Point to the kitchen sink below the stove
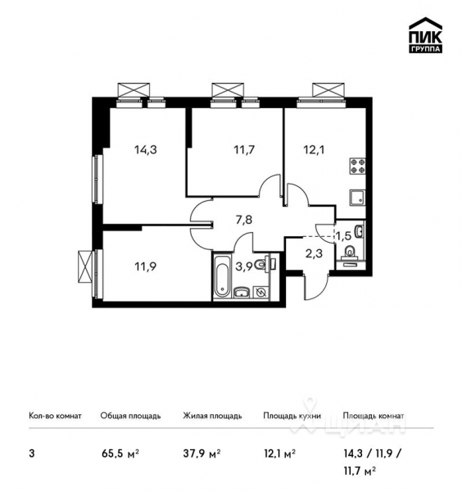tap(356, 198)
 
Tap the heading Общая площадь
tap(130, 416)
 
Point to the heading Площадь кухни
tap(292, 416)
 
